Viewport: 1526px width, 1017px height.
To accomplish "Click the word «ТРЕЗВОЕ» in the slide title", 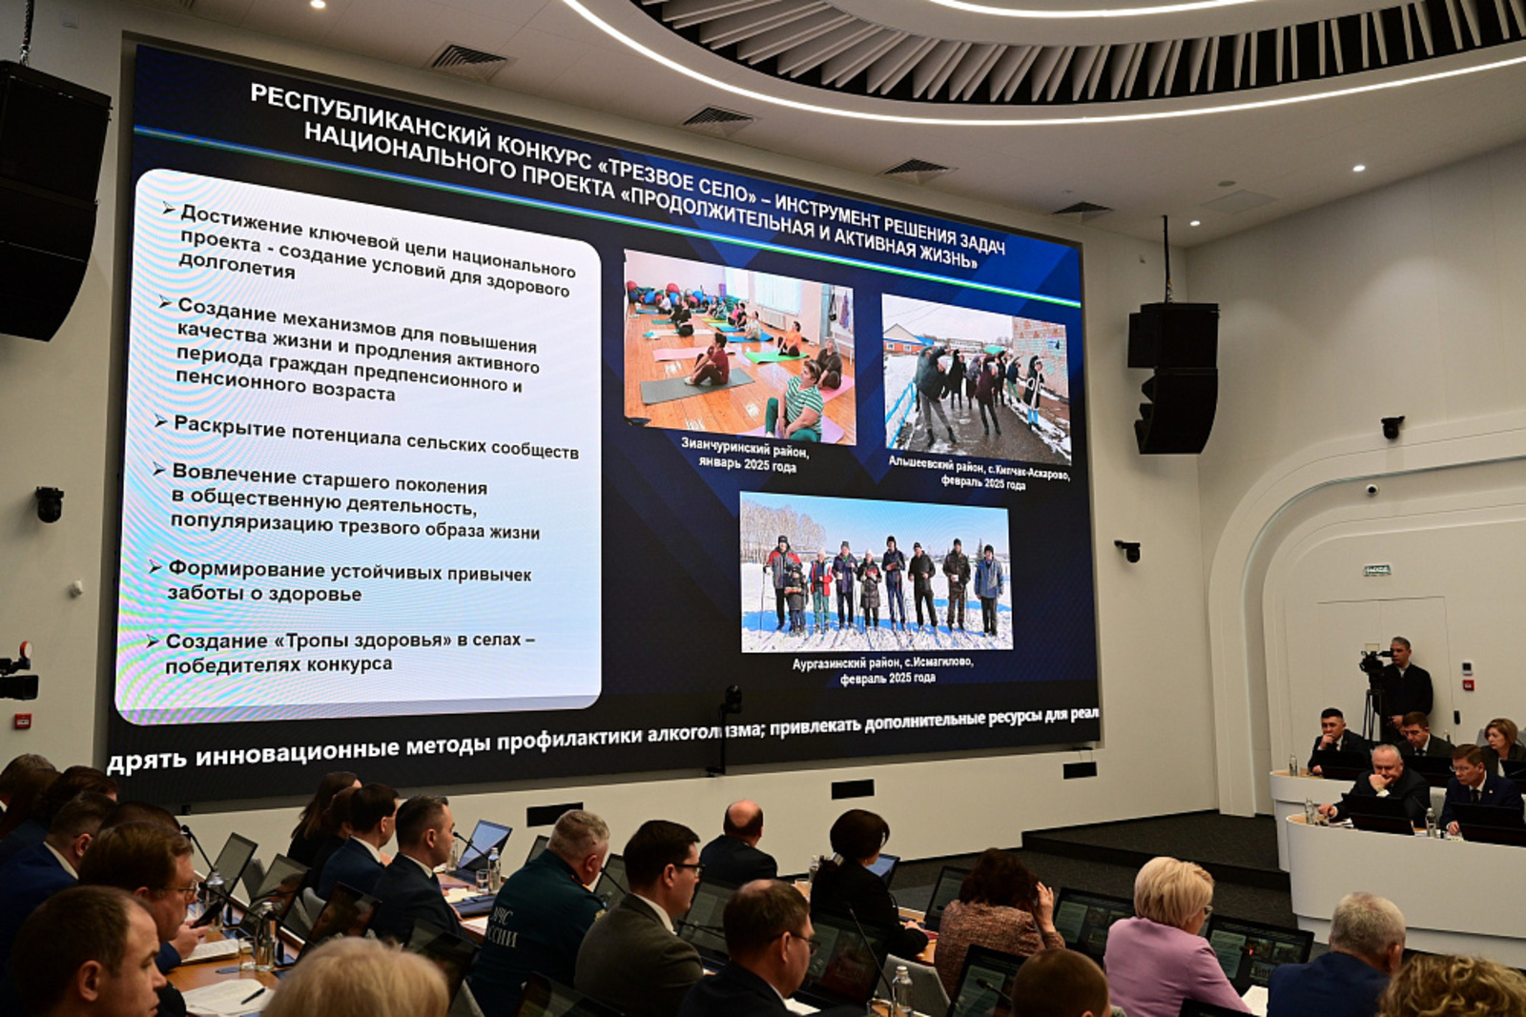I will pyautogui.click(x=650, y=173).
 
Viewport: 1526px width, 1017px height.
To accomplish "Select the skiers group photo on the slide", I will pyautogui.click(x=876, y=572).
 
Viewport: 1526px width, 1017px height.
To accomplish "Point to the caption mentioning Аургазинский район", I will pyautogui.click(x=882, y=669).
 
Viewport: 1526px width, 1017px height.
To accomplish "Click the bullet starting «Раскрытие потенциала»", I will pyautogui.click(x=375, y=437).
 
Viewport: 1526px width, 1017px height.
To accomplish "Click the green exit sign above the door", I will pyautogui.click(x=1376, y=570).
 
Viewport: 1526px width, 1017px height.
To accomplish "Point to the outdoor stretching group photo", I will pyautogui.click(x=975, y=378).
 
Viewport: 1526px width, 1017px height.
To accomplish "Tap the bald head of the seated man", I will pyautogui.click(x=743, y=820).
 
